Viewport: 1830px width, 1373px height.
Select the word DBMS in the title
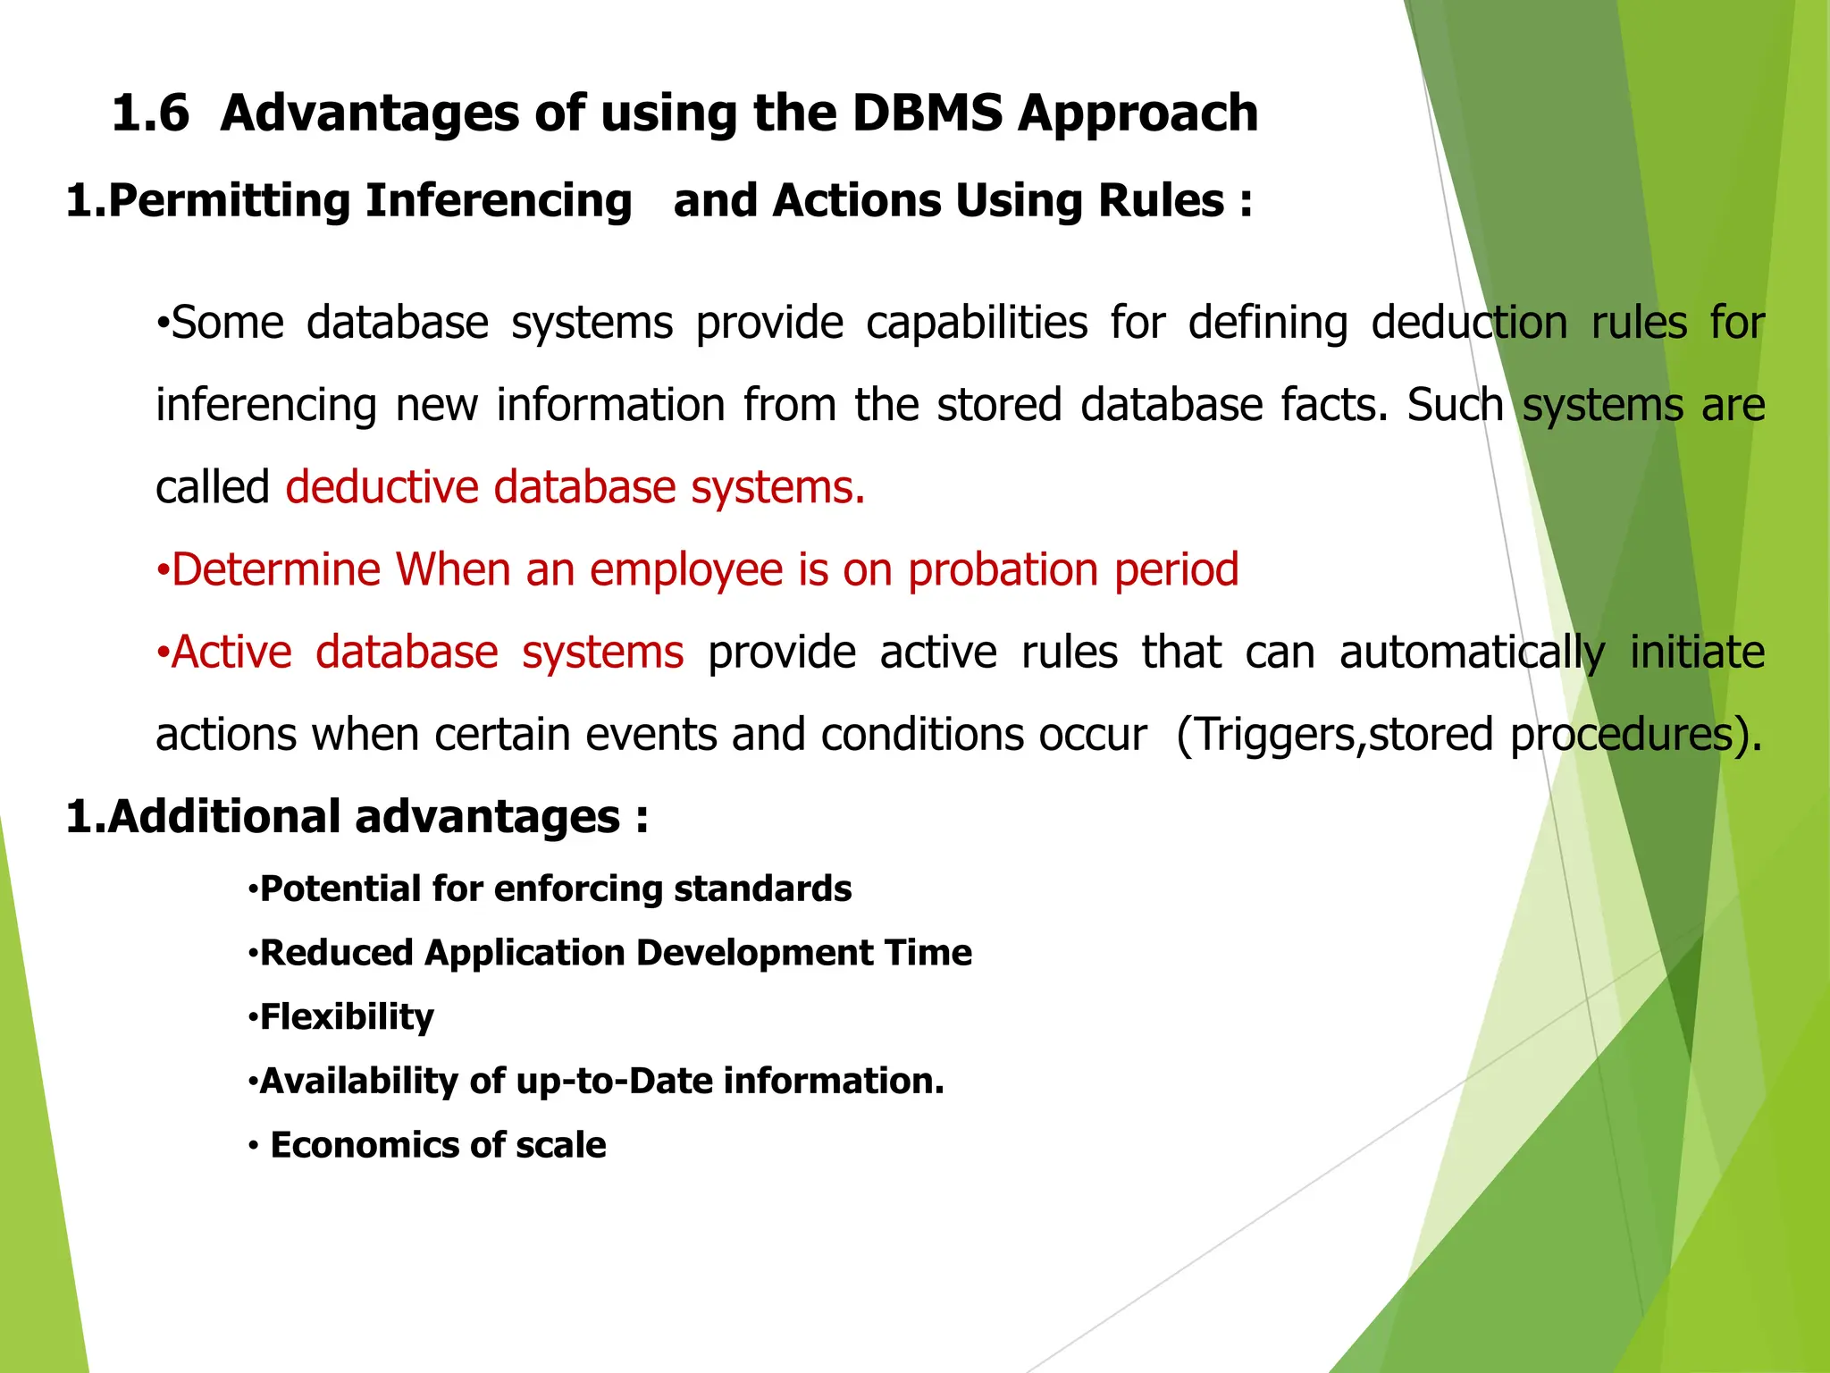pos(927,114)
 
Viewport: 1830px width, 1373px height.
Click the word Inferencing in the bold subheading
pos(499,201)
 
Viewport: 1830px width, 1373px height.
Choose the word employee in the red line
pos(685,570)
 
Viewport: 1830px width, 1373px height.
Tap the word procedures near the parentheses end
pos(1622,735)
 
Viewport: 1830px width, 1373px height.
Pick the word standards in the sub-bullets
pos(762,889)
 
